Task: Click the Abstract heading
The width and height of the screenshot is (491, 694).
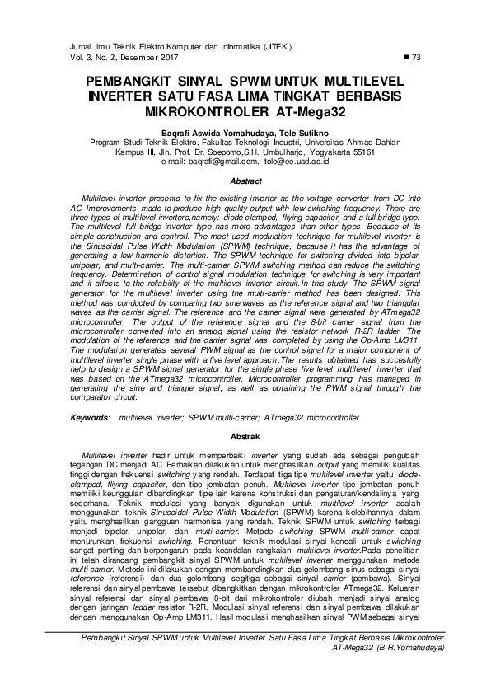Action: point(245,181)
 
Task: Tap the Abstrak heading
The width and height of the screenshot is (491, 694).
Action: point(245,434)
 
